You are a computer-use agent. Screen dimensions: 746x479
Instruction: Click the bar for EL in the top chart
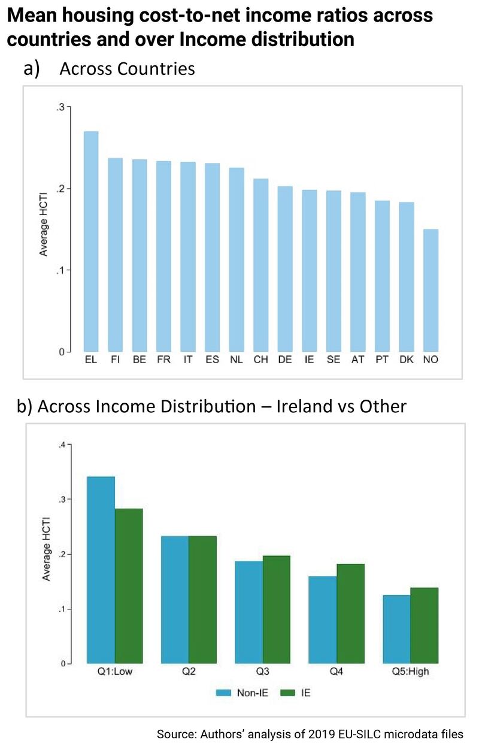pyautogui.click(x=91, y=241)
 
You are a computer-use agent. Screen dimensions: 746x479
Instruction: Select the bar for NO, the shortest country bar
pyautogui.click(x=431, y=291)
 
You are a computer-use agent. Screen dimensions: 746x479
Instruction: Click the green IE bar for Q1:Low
pyautogui.click(x=129, y=586)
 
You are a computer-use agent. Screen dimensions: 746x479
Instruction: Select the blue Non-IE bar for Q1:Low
pyautogui.click(x=101, y=570)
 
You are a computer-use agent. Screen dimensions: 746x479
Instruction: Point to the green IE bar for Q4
pyautogui.click(x=350, y=614)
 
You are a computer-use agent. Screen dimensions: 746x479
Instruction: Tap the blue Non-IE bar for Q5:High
pyautogui.click(x=396, y=629)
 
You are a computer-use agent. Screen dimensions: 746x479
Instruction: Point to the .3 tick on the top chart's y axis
pyautogui.click(x=60, y=107)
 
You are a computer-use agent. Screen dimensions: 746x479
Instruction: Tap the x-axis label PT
pyautogui.click(x=382, y=360)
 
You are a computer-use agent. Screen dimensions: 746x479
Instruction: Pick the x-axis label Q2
pyautogui.click(x=189, y=672)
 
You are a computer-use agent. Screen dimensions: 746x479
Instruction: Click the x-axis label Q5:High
pyautogui.click(x=410, y=672)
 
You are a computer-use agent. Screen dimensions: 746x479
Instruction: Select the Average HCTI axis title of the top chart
pyautogui.click(x=43, y=229)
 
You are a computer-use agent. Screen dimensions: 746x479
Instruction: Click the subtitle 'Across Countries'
pyautogui.click(x=127, y=69)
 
